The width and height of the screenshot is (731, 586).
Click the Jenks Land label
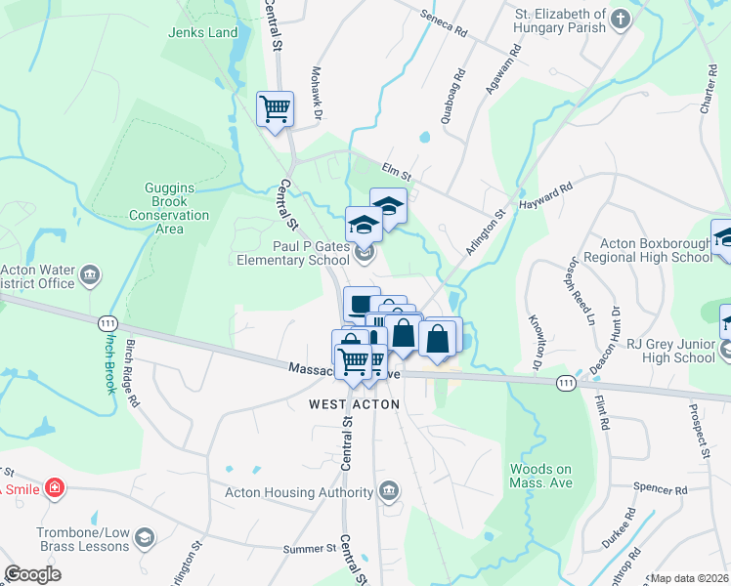coord(203,32)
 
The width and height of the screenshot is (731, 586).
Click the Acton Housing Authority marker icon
coord(389,490)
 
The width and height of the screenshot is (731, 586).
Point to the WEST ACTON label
coord(355,403)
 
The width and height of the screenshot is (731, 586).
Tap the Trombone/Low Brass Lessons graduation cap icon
coord(145,538)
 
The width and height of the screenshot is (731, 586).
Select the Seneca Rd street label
coord(444,23)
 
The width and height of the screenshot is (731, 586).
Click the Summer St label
coord(309,549)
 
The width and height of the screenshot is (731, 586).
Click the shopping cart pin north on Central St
coord(275,108)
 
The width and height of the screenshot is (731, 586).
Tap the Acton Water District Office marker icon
coord(90,275)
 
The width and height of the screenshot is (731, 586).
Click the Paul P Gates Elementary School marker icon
coord(365,254)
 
